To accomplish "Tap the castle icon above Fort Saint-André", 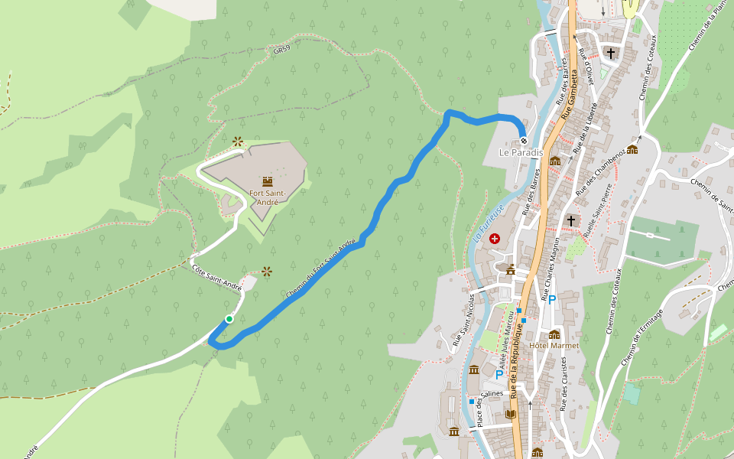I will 268,181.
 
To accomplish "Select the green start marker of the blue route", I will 229,319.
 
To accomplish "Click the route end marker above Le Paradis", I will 524,140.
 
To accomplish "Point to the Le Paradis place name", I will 521,153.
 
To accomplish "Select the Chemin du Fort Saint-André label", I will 321,269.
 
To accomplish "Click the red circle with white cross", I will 495,239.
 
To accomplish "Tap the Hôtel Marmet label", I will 554,346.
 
